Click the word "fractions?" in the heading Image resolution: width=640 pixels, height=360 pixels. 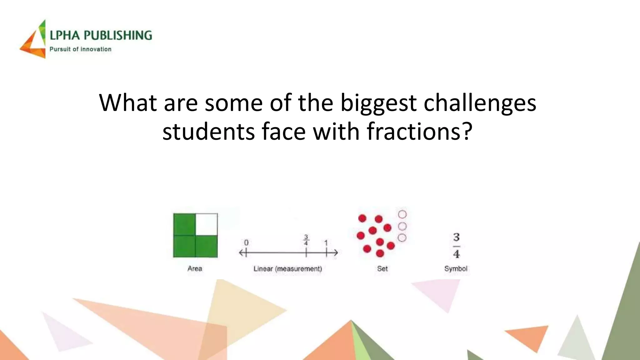(419, 131)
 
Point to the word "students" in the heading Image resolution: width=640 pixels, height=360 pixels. (208, 131)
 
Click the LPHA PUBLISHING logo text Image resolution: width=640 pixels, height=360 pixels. (101, 35)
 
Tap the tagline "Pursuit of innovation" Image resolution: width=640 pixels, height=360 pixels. (80, 49)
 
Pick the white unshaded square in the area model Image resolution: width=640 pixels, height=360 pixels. (206, 224)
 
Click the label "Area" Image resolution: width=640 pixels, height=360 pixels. (195, 268)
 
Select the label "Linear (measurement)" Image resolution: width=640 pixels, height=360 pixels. (287, 269)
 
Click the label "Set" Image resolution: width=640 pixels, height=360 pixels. (382, 269)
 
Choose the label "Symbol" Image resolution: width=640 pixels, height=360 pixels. (456, 269)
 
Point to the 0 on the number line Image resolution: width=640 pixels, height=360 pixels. (246, 243)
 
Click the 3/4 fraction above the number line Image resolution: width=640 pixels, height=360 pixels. (306, 240)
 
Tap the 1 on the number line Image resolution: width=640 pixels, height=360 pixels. (326, 243)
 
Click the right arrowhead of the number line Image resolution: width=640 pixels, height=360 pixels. (335, 252)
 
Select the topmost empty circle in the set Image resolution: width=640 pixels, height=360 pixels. (402, 214)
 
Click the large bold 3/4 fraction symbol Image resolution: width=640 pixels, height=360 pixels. (456, 245)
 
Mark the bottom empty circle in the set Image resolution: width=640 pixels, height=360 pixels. (402, 238)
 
